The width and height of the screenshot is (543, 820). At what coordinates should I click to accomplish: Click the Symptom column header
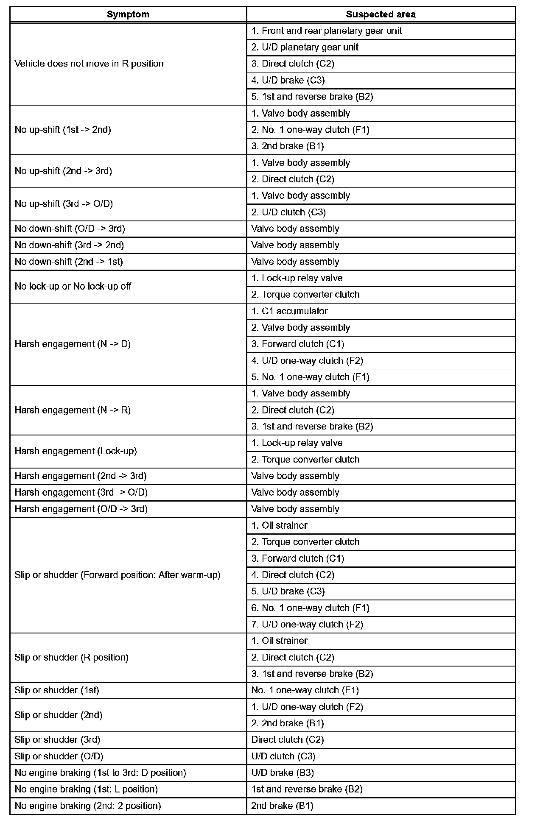point(128,14)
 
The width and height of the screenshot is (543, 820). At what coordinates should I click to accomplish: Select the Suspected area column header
point(381,14)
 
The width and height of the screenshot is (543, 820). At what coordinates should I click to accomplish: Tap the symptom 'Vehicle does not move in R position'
point(89,64)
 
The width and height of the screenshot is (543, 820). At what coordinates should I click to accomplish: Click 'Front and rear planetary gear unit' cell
point(326,31)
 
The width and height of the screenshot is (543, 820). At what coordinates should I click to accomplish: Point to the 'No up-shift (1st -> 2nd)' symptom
point(63,130)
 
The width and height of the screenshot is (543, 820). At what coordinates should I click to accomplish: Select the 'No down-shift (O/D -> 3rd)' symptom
point(70,229)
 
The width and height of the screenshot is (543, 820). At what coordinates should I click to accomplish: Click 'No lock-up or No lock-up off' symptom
point(73,287)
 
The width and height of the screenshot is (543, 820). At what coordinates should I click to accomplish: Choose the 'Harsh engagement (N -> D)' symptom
point(73,344)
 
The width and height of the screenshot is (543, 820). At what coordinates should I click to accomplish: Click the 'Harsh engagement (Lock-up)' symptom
point(76,451)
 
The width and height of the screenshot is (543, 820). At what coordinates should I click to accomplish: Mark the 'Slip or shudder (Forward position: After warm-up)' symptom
point(118,575)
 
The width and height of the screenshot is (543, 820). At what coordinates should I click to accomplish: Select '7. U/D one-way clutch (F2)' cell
point(307,625)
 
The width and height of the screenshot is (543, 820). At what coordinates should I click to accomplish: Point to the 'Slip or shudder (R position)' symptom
point(71,658)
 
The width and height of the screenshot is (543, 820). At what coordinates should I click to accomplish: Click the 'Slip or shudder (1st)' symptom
point(57,690)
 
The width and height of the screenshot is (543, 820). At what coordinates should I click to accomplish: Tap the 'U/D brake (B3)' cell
point(283,773)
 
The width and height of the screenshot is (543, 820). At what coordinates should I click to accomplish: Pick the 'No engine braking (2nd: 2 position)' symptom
point(88,806)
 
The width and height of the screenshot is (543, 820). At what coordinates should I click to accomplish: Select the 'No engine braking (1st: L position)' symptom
point(86,789)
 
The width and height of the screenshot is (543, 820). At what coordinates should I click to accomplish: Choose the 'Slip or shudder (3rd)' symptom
point(57,740)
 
